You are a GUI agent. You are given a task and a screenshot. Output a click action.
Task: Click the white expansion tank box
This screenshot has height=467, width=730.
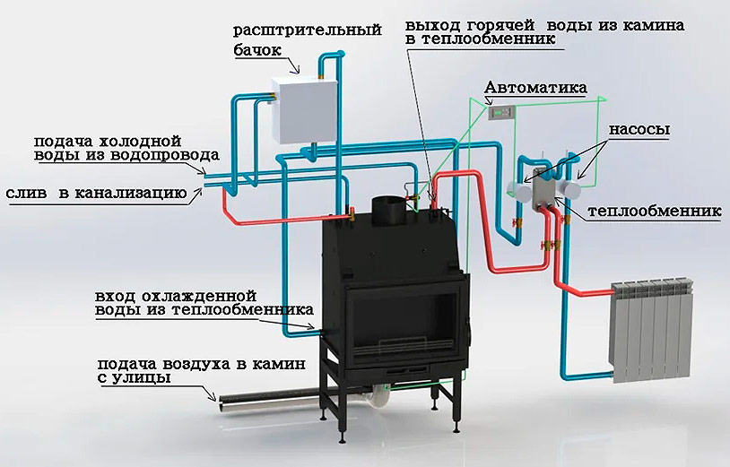pyautogui.click(x=302, y=108)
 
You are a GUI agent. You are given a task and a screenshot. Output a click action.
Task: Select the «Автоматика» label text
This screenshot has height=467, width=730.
pyautogui.click(x=535, y=89)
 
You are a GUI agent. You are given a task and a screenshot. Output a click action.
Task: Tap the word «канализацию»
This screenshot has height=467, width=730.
pyautogui.click(x=133, y=194)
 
